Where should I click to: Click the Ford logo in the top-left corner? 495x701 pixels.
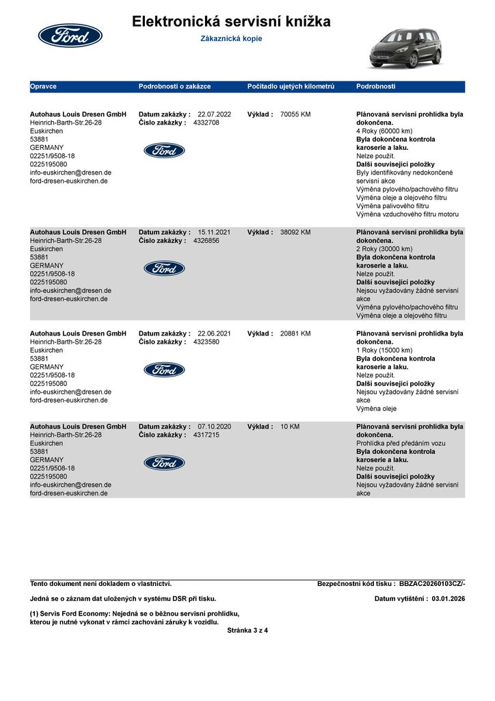tap(70, 36)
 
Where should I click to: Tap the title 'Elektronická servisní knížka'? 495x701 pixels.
tap(231, 22)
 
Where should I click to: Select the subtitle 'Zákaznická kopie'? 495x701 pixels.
tap(231, 39)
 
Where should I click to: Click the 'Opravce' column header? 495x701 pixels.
tap(43, 87)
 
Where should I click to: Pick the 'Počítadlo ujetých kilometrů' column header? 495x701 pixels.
tap(291, 87)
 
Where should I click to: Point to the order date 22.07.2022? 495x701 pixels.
tap(214, 114)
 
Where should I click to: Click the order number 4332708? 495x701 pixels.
tap(206, 123)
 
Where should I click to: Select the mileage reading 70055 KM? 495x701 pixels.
tap(295, 114)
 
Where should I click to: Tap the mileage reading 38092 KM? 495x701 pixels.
tap(295, 232)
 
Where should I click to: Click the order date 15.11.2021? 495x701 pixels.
tap(214, 232)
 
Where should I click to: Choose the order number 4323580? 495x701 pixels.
tap(206, 342)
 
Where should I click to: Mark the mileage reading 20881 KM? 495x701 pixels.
tap(295, 333)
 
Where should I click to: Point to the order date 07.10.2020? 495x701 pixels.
tap(214, 426)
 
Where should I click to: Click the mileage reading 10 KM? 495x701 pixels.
tap(290, 426)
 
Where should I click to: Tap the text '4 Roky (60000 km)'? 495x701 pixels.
tap(384, 131)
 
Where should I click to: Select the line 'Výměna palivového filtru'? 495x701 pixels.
tap(392, 206)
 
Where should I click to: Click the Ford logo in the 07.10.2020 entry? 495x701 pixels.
tap(164, 463)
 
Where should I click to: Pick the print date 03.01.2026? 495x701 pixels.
tap(448, 599)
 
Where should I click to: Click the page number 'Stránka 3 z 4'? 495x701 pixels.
tap(247, 630)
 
